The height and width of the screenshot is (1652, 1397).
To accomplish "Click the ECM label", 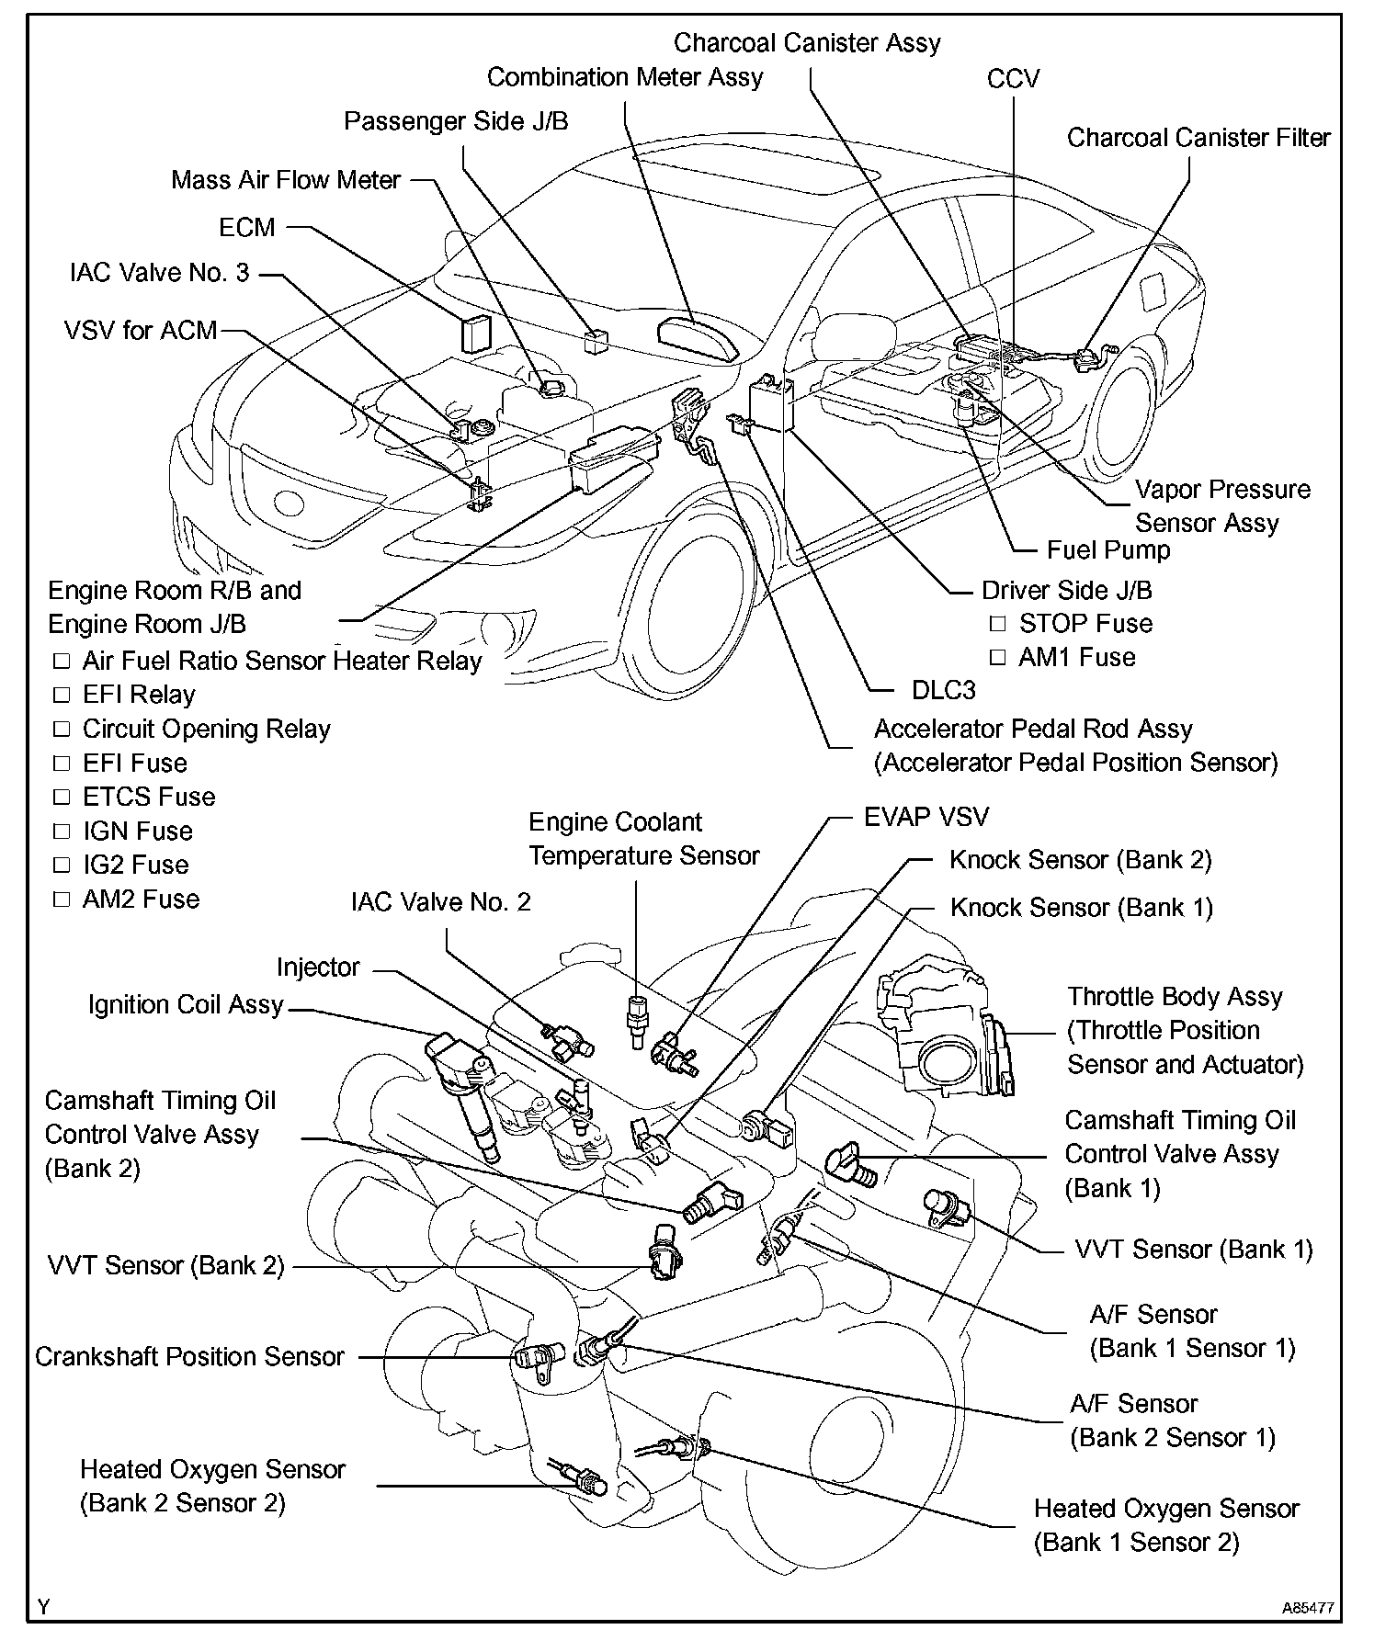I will point(247,227).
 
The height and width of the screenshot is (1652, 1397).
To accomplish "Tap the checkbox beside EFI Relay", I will point(62,695).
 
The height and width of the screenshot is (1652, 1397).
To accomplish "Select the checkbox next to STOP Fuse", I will point(997,624).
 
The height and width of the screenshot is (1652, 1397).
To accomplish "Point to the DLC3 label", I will point(944,690).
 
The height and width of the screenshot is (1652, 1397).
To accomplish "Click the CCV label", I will point(1013,79).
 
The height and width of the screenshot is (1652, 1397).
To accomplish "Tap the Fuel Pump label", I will point(1108,550).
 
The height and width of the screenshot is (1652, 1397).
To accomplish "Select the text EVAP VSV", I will point(926,817).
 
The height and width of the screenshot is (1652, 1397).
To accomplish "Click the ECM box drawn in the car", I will point(475,334).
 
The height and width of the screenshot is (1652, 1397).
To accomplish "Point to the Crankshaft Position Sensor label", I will point(189,1356).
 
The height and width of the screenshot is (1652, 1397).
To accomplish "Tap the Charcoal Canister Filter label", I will point(1198,138).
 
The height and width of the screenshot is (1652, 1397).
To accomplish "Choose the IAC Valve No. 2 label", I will point(441,901).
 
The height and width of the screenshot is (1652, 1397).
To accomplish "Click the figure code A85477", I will point(1308,1609).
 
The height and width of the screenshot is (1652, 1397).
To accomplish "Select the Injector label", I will point(318,967).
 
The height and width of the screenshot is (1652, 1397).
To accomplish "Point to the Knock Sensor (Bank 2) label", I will point(1080,860).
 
